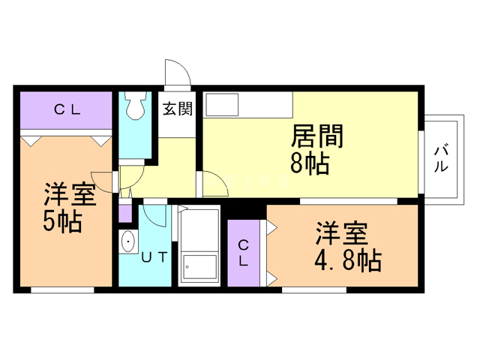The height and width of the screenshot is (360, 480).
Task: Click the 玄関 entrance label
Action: coord(178,109)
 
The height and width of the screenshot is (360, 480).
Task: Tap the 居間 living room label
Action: coord(317,136)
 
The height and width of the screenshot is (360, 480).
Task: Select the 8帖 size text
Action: coord(310,163)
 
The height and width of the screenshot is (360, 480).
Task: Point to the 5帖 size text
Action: coord(62,222)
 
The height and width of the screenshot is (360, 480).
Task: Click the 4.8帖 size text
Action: coord(348,261)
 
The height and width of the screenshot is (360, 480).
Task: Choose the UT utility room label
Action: coord(154,257)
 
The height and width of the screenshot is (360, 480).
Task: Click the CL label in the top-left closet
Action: coord(67,109)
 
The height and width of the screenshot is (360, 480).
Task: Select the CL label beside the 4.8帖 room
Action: coord(243,253)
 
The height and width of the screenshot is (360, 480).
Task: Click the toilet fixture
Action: coord(135,105)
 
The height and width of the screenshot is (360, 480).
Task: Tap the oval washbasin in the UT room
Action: coord(128,241)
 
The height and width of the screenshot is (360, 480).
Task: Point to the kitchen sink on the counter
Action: coord(222,105)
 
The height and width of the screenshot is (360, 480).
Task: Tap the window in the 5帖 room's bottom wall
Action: coord(62,290)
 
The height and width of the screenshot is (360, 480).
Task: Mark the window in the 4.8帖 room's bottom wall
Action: coord(314,290)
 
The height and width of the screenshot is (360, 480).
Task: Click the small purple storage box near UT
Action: coord(125,213)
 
